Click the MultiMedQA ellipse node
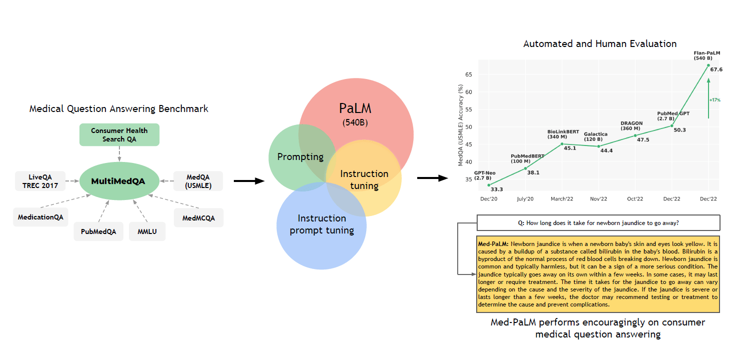119,181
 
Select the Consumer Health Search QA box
119,134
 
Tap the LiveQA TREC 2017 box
40,181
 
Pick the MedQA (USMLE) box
198,181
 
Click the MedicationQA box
40,217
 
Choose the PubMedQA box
98,231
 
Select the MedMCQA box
198,218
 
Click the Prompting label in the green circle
300,156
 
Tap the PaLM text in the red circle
355,108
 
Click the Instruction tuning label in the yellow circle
364,179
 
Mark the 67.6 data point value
716,69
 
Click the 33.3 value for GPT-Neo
497,189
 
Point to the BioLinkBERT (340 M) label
563,133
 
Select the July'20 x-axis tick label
525,199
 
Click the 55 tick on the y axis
468,109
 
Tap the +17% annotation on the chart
715,100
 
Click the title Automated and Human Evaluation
600,44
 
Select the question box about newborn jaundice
598,223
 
